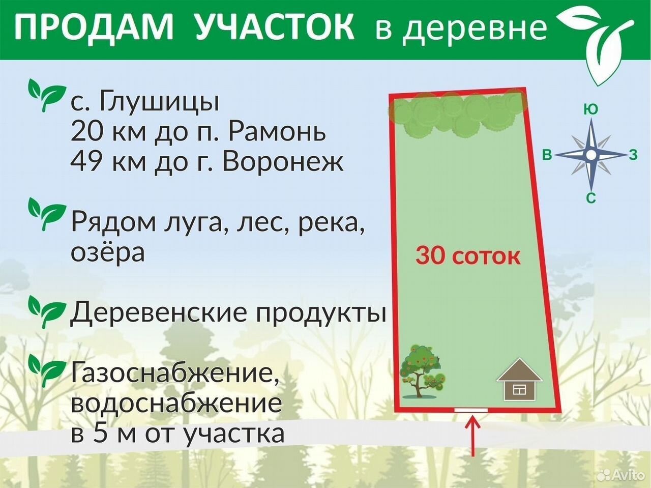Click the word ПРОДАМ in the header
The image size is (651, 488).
pos(94,27)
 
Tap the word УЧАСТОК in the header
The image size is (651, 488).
pos(275,27)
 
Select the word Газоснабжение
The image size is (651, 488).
pos(174,373)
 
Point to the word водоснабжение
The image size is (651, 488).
pos(176,403)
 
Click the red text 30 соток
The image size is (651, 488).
pos(468,256)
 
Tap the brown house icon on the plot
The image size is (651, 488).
pos(519,380)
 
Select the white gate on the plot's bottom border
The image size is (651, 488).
pos(471,410)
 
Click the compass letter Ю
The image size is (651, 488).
pos(591,110)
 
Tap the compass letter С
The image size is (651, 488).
pos(591,198)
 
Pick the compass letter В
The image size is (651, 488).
pos(547,155)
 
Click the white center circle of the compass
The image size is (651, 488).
pos(591,155)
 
